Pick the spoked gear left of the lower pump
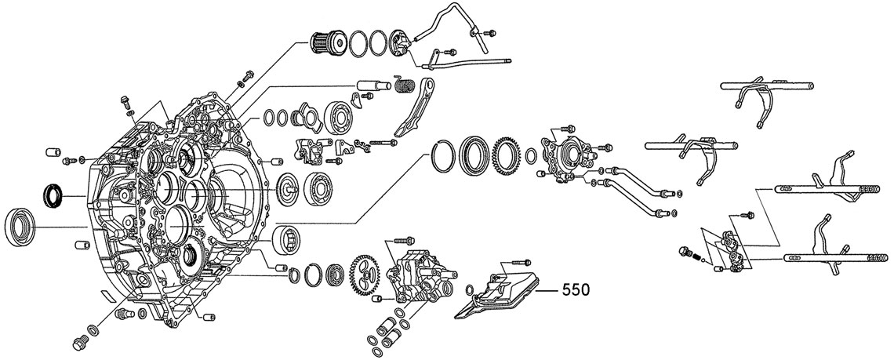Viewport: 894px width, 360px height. (x=363, y=275)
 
